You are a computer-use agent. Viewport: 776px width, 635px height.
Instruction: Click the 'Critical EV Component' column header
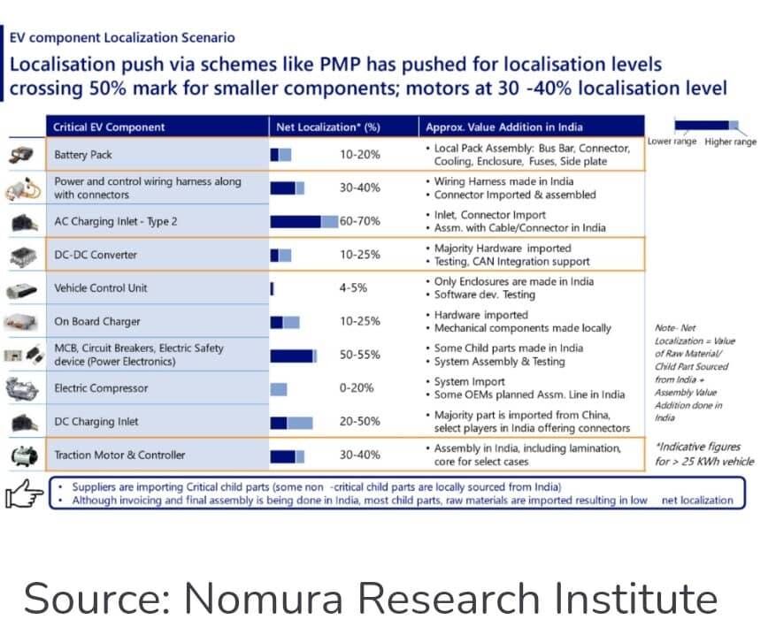pos(109,126)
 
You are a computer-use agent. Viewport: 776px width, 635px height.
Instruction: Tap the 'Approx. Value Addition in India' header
pos(504,126)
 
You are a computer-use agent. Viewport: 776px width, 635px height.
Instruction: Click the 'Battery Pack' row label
pos(83,155)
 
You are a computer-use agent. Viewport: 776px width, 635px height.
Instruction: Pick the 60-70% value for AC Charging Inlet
pos(360,221)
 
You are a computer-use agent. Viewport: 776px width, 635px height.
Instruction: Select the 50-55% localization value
pos(360,355)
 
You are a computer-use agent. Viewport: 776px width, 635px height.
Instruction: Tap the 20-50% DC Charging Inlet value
pos(360,422)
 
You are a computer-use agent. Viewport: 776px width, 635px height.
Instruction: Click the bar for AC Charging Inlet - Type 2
pos(303,221)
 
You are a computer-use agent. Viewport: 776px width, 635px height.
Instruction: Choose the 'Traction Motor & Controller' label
pos(119,455)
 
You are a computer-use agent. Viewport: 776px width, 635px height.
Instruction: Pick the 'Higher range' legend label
pos(731,142)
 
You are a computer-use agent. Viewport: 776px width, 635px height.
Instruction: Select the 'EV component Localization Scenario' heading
pos(122,37)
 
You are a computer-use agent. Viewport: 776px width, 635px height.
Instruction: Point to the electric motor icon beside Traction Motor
pos(21,455)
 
